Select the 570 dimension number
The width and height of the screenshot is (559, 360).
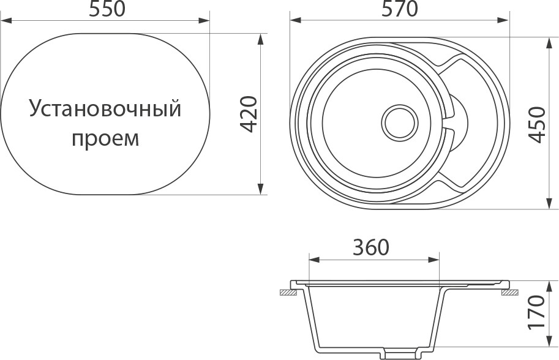point(400,9)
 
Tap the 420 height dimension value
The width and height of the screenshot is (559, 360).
point(248,114)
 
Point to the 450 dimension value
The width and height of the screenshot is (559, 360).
point(536,124)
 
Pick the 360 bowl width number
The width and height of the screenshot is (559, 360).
point(371,247)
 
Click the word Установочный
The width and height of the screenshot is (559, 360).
point(106,110)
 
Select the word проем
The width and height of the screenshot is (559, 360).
point(106,138)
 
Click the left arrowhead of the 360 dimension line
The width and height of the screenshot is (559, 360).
point(314,260)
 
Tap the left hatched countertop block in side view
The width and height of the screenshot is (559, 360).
point(286,293)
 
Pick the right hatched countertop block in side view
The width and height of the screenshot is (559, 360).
point(509,293)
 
